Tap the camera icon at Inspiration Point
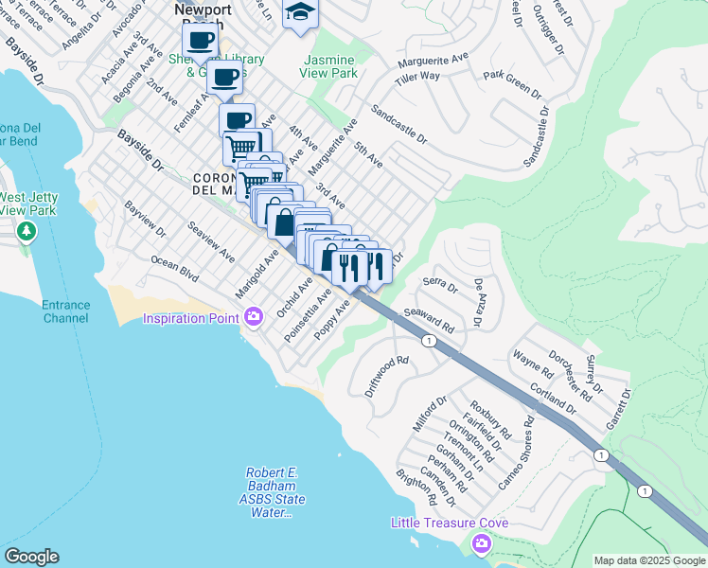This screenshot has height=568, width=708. [x=253, y=317]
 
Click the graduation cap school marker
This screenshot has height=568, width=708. [x=300, y=13]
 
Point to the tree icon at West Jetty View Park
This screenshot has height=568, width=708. [x=27, y=231]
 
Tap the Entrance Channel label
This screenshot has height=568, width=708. [x=65, y=311]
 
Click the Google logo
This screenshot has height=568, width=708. [x=31, y=557]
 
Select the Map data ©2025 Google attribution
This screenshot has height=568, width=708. [x=649, y=560]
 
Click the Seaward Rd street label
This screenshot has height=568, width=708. [x=429, y=322]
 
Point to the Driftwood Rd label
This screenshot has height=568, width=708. [x=386, y=375]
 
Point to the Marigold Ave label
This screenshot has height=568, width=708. [x=257, y=273]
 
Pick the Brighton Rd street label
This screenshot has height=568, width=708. [x=416, y=487]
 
